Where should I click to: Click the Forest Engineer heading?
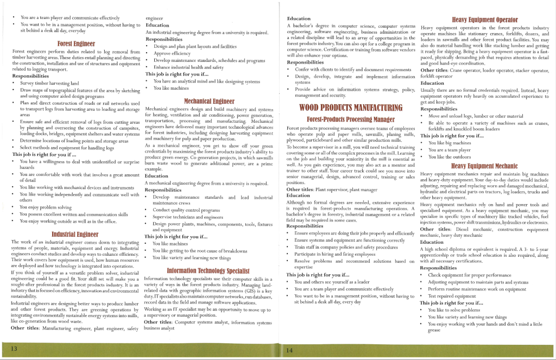pyautogui.click(x=76, y=43)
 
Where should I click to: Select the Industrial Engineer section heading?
pyautogui.click(x=76, y=234)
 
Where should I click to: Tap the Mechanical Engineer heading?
pyautogui.click(x=209, y=101)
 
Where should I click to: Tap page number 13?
pyautogui.click(x=14, y=348)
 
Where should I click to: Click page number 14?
pyautogui.click(x=289, y=350)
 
